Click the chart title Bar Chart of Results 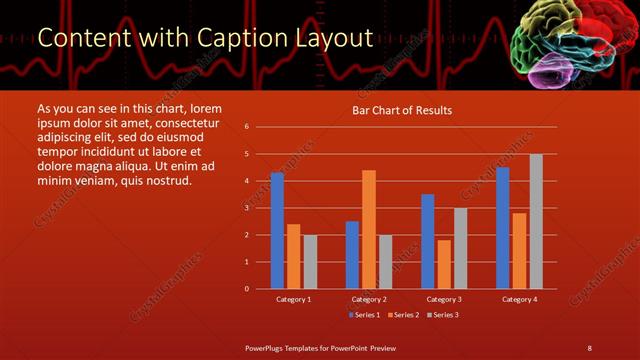tap(401, 110)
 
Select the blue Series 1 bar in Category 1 tap(277, 231)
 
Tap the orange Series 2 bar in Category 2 tap(368, 229)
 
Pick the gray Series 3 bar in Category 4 tap(536, 221)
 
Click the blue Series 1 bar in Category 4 tap(502, 228)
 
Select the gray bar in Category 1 tap(310, 262)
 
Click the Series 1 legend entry tap(364, 315)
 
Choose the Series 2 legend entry tap(402, 315)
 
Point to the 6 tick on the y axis tap(246, 127)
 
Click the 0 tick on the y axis tap(246, 289)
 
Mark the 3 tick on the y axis tap(246, 208)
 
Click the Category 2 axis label tap(369, 299)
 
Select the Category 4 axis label tap(519, 299)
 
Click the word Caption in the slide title tap(242, 38)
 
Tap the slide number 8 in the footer tap(589, 347)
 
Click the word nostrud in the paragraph tap(161, 180)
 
